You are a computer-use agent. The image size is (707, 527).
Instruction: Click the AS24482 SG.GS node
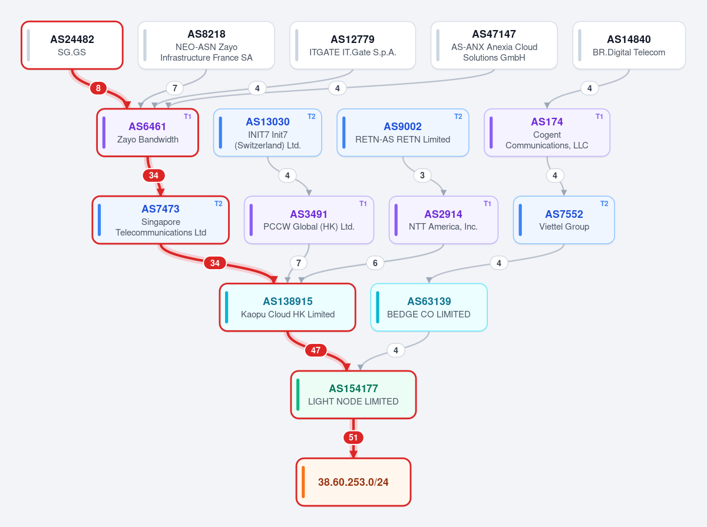click(x=72, y=45)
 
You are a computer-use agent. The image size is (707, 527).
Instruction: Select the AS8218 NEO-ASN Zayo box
click(x=206, y=45)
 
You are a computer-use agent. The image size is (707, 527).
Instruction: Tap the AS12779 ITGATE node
click(x=353, y=45)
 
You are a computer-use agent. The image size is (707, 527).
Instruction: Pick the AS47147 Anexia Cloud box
click(x=494, y=45)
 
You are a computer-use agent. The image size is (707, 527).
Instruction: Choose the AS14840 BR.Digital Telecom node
click(x=629, y=45)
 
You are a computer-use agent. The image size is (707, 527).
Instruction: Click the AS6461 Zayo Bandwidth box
click(x=147, y=132)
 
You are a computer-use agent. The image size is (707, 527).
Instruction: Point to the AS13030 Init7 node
click(x=267, y=132)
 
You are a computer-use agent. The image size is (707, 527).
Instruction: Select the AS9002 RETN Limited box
click(x=402, y=132)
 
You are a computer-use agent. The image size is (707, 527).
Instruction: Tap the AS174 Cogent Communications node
click(x=547, y=132)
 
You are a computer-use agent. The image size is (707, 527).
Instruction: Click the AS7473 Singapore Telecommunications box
click(x=160, y=220)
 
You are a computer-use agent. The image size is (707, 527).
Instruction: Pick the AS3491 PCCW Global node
click(x=309, y=220)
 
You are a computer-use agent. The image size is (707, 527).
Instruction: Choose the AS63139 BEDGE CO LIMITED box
click(x=429, y=307)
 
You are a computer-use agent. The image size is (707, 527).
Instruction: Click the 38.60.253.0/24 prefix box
click(x=353, y=482)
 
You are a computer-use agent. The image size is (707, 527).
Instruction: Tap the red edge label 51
click(x=353, y=437)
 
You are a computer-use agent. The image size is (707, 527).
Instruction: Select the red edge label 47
click(x=316, y=350)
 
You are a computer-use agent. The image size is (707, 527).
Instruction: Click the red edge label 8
click(x=98, y=88)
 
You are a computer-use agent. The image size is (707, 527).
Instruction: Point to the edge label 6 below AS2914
click(x=375, y=263)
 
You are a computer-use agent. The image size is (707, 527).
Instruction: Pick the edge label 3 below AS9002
click(x=422, y=175)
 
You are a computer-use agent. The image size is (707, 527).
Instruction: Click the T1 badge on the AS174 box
click(x=599, y=117)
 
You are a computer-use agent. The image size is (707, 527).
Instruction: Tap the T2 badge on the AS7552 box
click(x=604, y=204)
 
